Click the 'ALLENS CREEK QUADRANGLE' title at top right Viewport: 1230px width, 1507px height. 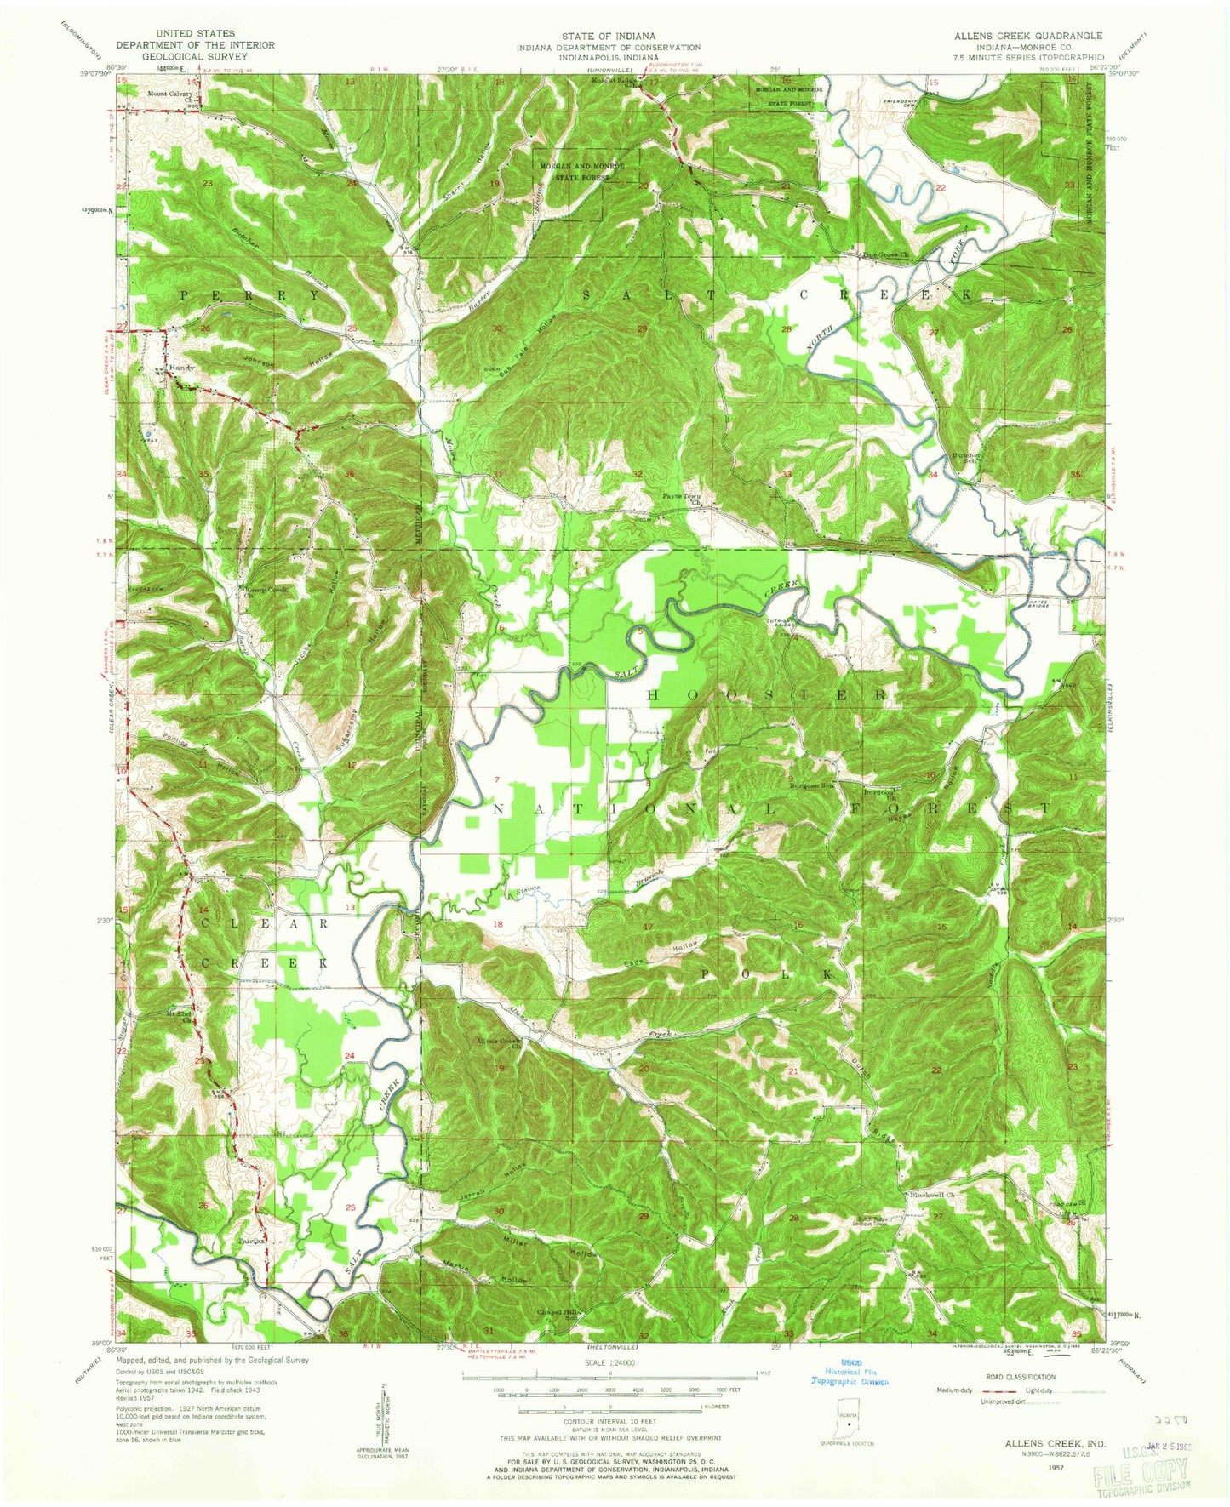[x=1028, y=36]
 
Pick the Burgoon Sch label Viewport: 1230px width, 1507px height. [x=810, y=785]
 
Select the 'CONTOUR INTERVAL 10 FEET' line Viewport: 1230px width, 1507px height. [x=609, y=1421]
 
